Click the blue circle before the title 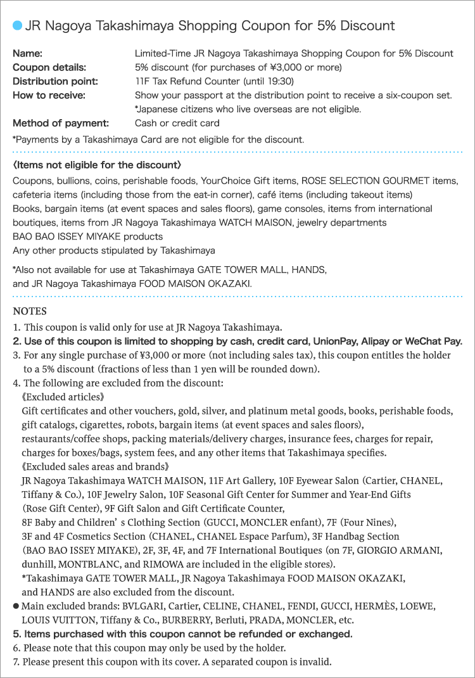tap(17, 26)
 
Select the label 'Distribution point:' tap(55, 81)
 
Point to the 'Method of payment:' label tap(61, 123)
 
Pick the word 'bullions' tap(78, 181)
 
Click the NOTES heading tap(30, 312)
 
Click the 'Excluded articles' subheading tap(62, 397)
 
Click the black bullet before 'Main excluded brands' tap(16, 606)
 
